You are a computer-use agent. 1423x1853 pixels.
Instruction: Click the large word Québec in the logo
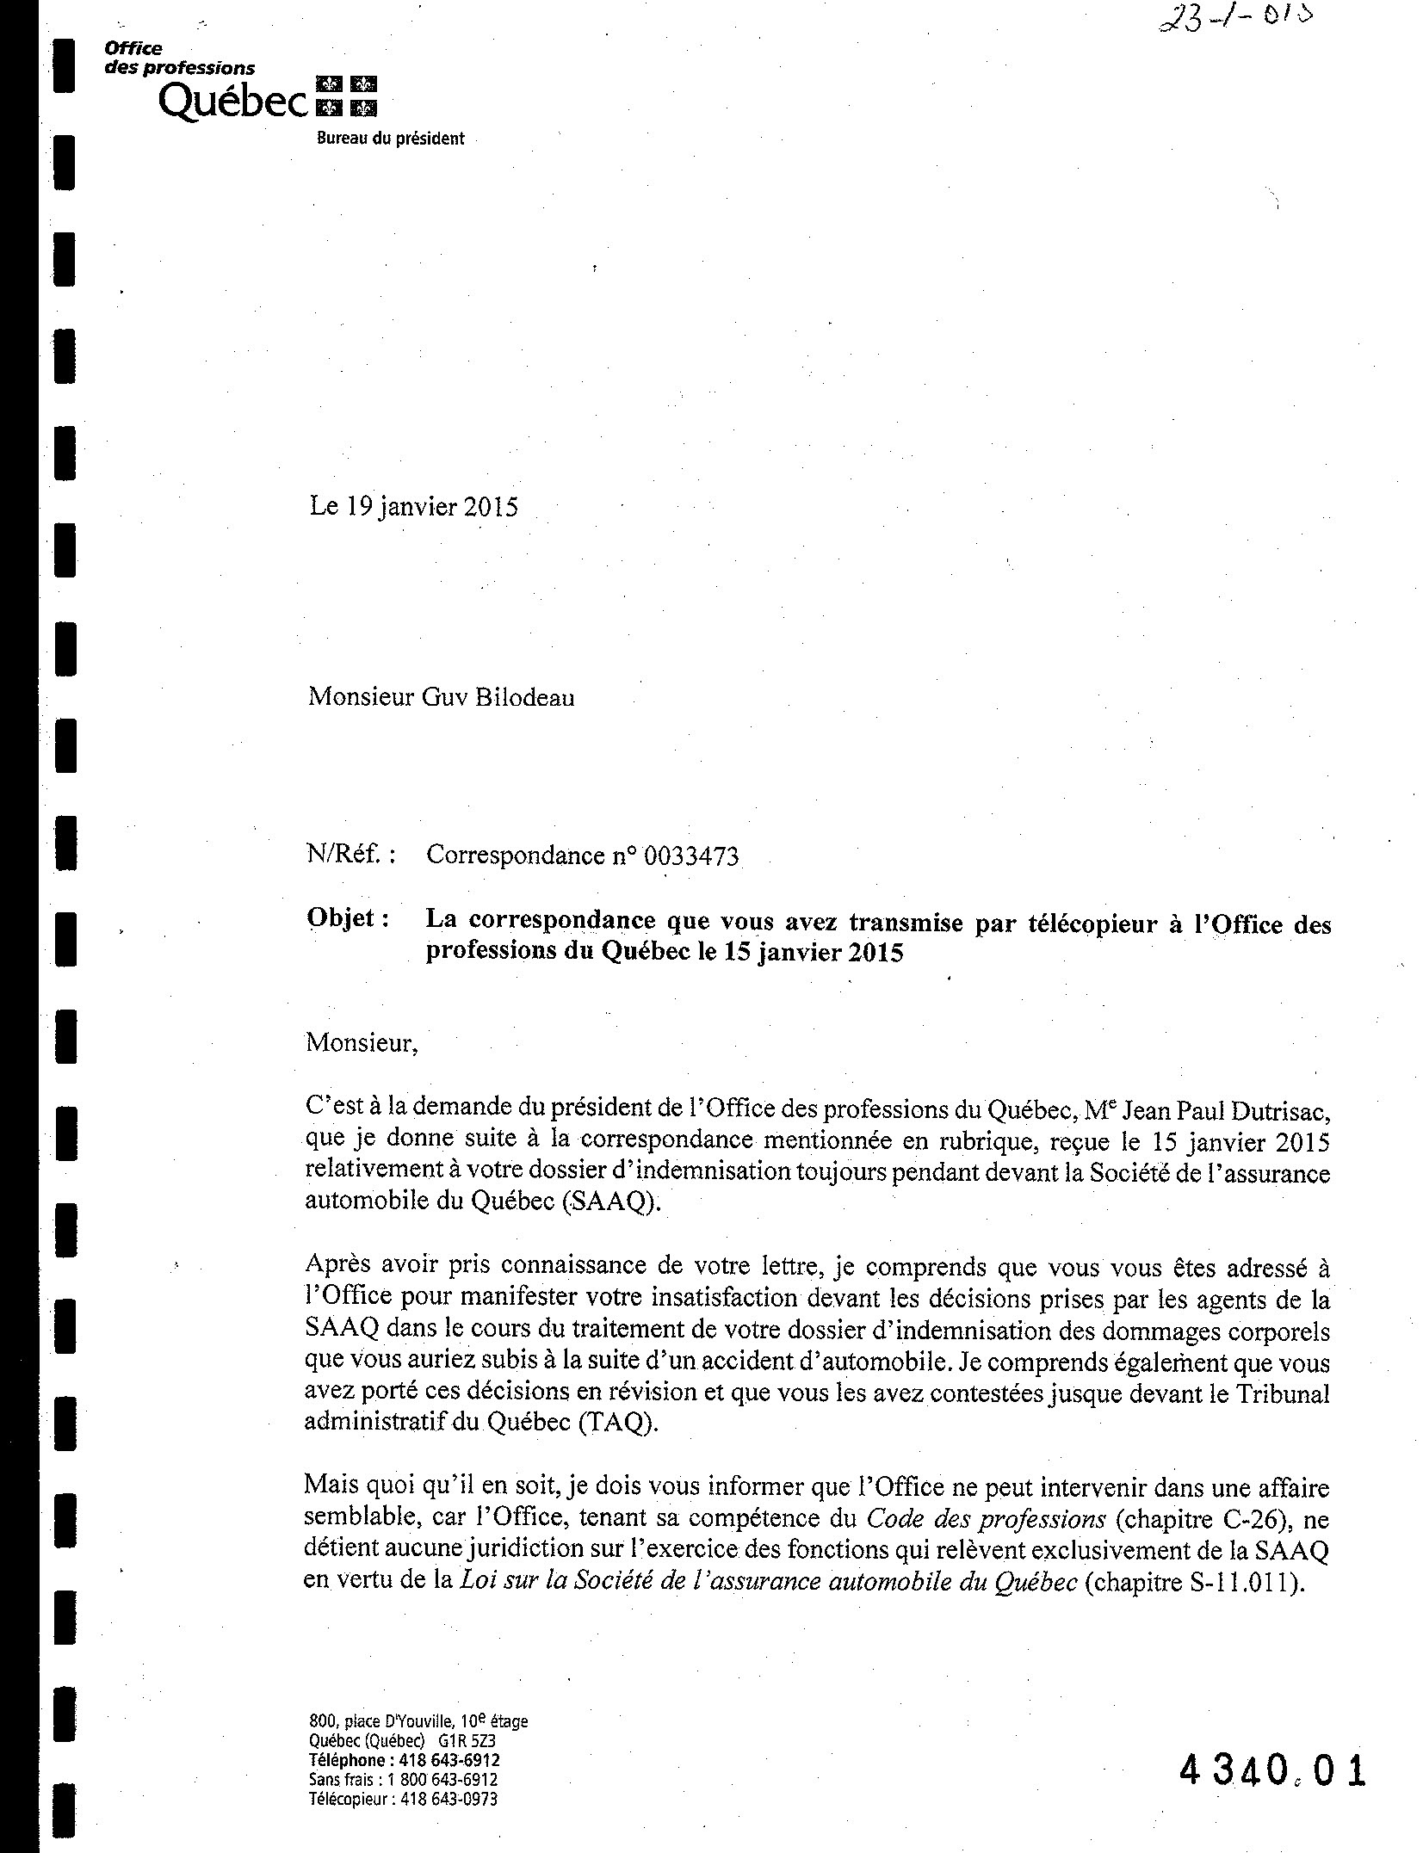coord(232,102)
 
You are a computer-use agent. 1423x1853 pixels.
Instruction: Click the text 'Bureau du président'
coord(390,139)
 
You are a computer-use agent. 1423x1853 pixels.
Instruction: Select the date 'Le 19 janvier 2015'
coord(413,506)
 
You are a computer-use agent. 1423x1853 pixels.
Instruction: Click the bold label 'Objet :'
coord(347,918)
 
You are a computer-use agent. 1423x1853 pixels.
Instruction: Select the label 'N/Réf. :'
coord(350,855)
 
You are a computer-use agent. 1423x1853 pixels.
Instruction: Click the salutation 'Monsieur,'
coord(362,1043)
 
